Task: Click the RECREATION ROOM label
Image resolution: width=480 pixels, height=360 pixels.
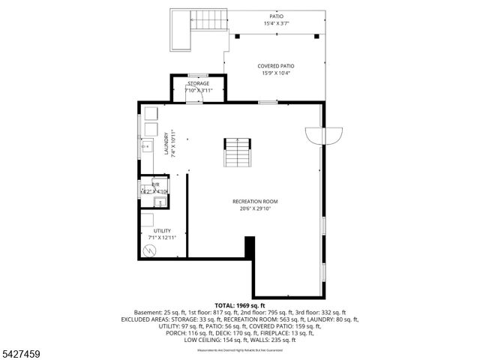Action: tap(255, 201)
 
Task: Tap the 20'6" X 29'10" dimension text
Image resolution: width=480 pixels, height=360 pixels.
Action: tap(255, 209)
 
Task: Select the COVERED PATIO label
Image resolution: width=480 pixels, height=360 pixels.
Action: tap(276, 66)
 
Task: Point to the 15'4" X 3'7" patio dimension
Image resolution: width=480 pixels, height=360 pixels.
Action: tap(277, 24)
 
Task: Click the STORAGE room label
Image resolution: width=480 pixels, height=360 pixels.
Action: tap(199, 83)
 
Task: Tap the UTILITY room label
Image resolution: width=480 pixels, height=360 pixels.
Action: tap(162, 231)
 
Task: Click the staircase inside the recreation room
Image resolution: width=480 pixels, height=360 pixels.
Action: tap(237, 153)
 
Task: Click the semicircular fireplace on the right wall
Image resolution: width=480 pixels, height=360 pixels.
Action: tap(323, 136)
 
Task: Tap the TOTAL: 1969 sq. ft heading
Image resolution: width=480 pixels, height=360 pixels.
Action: tap(240, 305)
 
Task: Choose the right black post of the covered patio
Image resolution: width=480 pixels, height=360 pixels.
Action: tap(317, 35)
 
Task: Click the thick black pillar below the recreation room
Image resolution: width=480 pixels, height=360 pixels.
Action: tap(250, 247)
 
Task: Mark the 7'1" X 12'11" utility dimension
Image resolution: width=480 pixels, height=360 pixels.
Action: tap(162, 238)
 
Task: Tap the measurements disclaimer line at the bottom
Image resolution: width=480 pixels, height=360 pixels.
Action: tap(240, 349)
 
